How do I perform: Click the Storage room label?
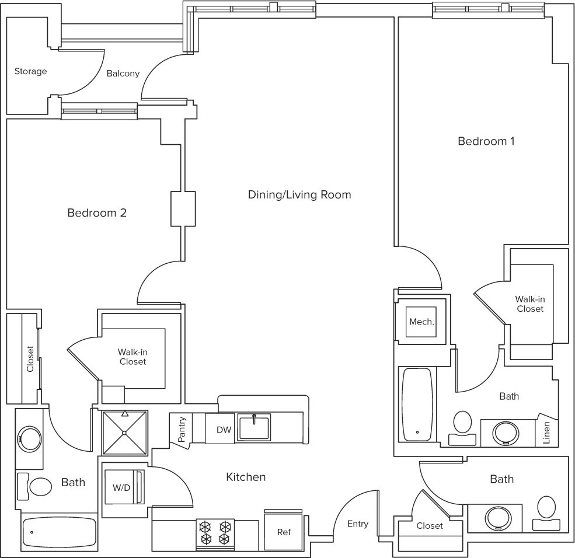coord(30,71)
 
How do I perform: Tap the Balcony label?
coord(123,74)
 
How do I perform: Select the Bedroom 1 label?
coord(486,141)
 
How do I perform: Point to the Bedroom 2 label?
coord(97,212)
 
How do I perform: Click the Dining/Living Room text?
coord(299,194)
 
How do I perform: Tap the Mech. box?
coord(421,322)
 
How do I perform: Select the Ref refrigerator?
coord(284,532)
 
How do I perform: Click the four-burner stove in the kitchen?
coord(215,534)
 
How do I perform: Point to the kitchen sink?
coord(254,427)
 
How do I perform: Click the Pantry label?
coord(181,429)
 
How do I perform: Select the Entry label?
coord(357,524)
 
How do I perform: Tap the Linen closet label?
coord(546,433)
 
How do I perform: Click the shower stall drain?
coord(125,433)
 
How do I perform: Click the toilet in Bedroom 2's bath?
coord(35,487)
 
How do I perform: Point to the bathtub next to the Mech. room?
coord(417,404)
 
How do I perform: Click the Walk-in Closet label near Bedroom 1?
coord(530,304)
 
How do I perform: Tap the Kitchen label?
coord(246,477)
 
